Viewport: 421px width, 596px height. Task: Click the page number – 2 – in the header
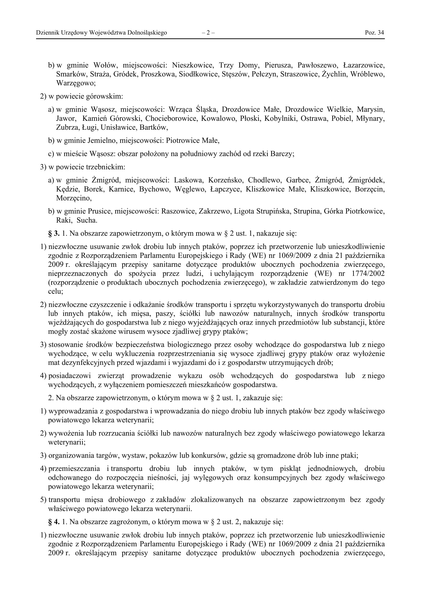(x=208, y=33)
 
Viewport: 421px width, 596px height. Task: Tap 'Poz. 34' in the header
(x=374, y=33)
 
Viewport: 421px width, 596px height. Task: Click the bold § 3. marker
(x=54, y=234)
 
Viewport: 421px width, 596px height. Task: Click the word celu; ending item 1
(x=55, y=292)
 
